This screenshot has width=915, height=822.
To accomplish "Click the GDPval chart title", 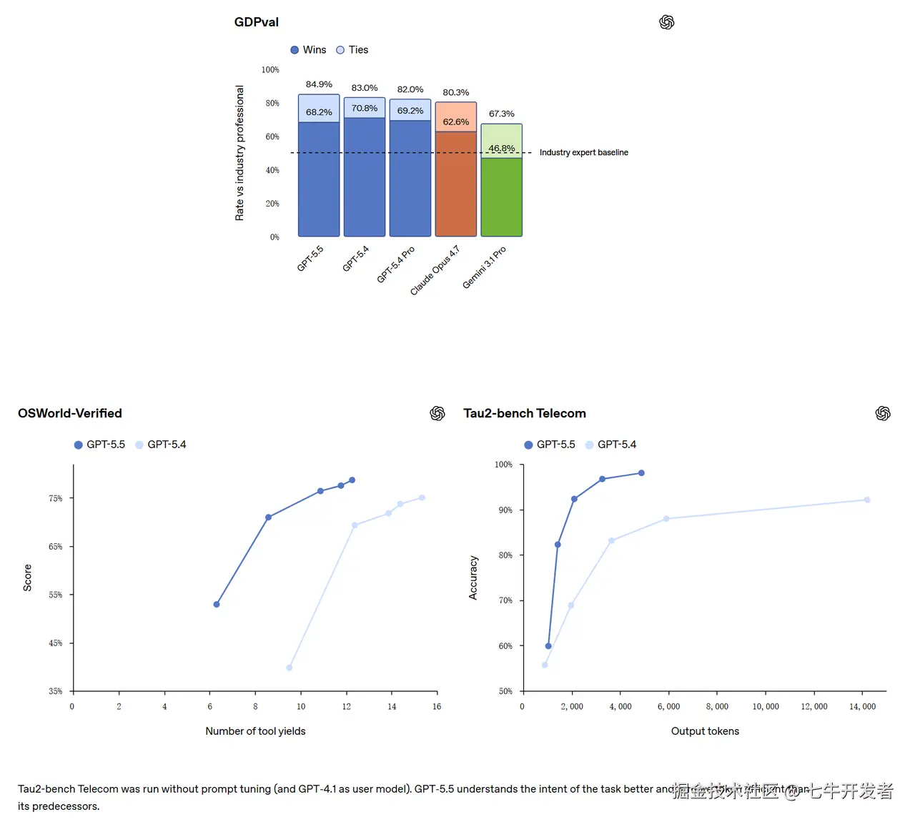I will click(257, 22).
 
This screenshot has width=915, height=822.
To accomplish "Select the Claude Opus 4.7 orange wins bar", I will click(456, 184).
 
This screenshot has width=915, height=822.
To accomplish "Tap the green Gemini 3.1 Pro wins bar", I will click(502, 197).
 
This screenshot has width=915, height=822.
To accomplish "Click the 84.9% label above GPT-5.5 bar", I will click(319, 84).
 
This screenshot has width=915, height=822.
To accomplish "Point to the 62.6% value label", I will click(456, 122).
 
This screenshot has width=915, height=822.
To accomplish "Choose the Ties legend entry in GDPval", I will click(352, 50).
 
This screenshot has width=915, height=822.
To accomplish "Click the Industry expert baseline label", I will click(583, 152).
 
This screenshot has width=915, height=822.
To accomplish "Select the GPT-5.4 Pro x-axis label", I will click(397, 264).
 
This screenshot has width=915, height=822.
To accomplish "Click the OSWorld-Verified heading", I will click(70, 413).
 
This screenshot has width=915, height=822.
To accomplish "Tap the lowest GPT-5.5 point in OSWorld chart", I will click(217, 605).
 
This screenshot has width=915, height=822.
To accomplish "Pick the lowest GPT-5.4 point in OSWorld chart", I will click(290, 668).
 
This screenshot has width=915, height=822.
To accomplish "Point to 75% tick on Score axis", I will click(56, 498).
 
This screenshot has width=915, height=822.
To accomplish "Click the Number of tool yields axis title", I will click(255, 731).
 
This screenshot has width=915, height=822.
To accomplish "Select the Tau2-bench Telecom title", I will click(525, 413).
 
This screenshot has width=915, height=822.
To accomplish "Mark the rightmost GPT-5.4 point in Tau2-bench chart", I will click(867, 500).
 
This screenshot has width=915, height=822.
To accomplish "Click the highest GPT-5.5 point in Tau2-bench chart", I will click(641, 473).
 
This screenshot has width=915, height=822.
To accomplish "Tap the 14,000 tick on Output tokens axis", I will click(862, 706).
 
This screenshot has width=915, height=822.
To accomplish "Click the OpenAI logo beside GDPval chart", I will click(667, 22).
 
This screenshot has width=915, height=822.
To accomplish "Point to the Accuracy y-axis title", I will click(473, 578).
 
